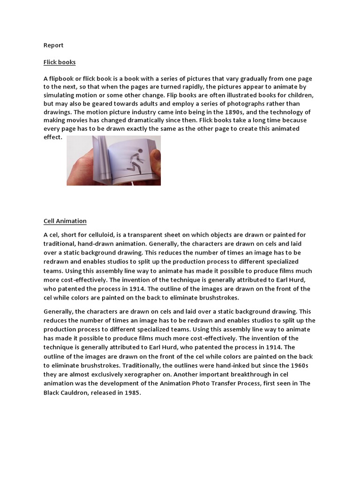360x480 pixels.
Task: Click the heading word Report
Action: click(x=53, y=45)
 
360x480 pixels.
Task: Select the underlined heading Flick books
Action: click(x=60, y=62)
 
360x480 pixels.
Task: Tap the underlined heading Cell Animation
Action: click(x=65, y=221)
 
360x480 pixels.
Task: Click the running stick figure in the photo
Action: click(x=134, y=158)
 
